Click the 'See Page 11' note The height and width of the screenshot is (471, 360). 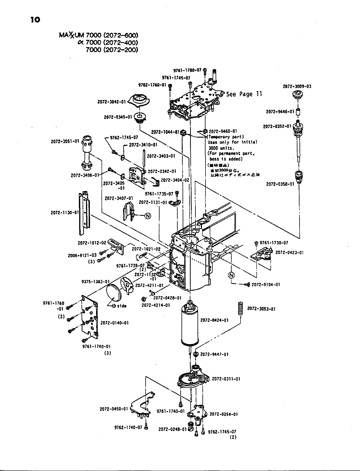tap(244, 94)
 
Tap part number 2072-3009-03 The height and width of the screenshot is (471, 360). tap(297, 87)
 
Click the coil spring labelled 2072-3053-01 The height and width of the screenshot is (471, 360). tap(240, 309)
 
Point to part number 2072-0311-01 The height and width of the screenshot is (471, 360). tap(226, 379)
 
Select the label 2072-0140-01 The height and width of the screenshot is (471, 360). tap(114, 323)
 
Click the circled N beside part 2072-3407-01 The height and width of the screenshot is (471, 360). tap(147, 216)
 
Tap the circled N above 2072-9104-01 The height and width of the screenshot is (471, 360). tap(231, 275)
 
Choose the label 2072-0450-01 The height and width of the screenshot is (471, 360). tap(114, 409)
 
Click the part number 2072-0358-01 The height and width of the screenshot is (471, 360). tap(280, 184)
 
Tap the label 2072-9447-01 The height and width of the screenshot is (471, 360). tap(214, 354)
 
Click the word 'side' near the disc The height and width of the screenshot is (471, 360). tap(122, 306)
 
